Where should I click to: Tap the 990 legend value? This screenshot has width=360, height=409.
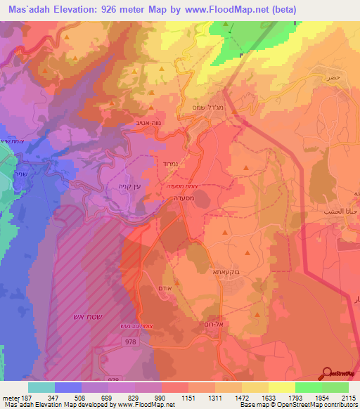[x=162, y=398]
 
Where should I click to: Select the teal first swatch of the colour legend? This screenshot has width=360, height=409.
[x=41, y=387]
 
